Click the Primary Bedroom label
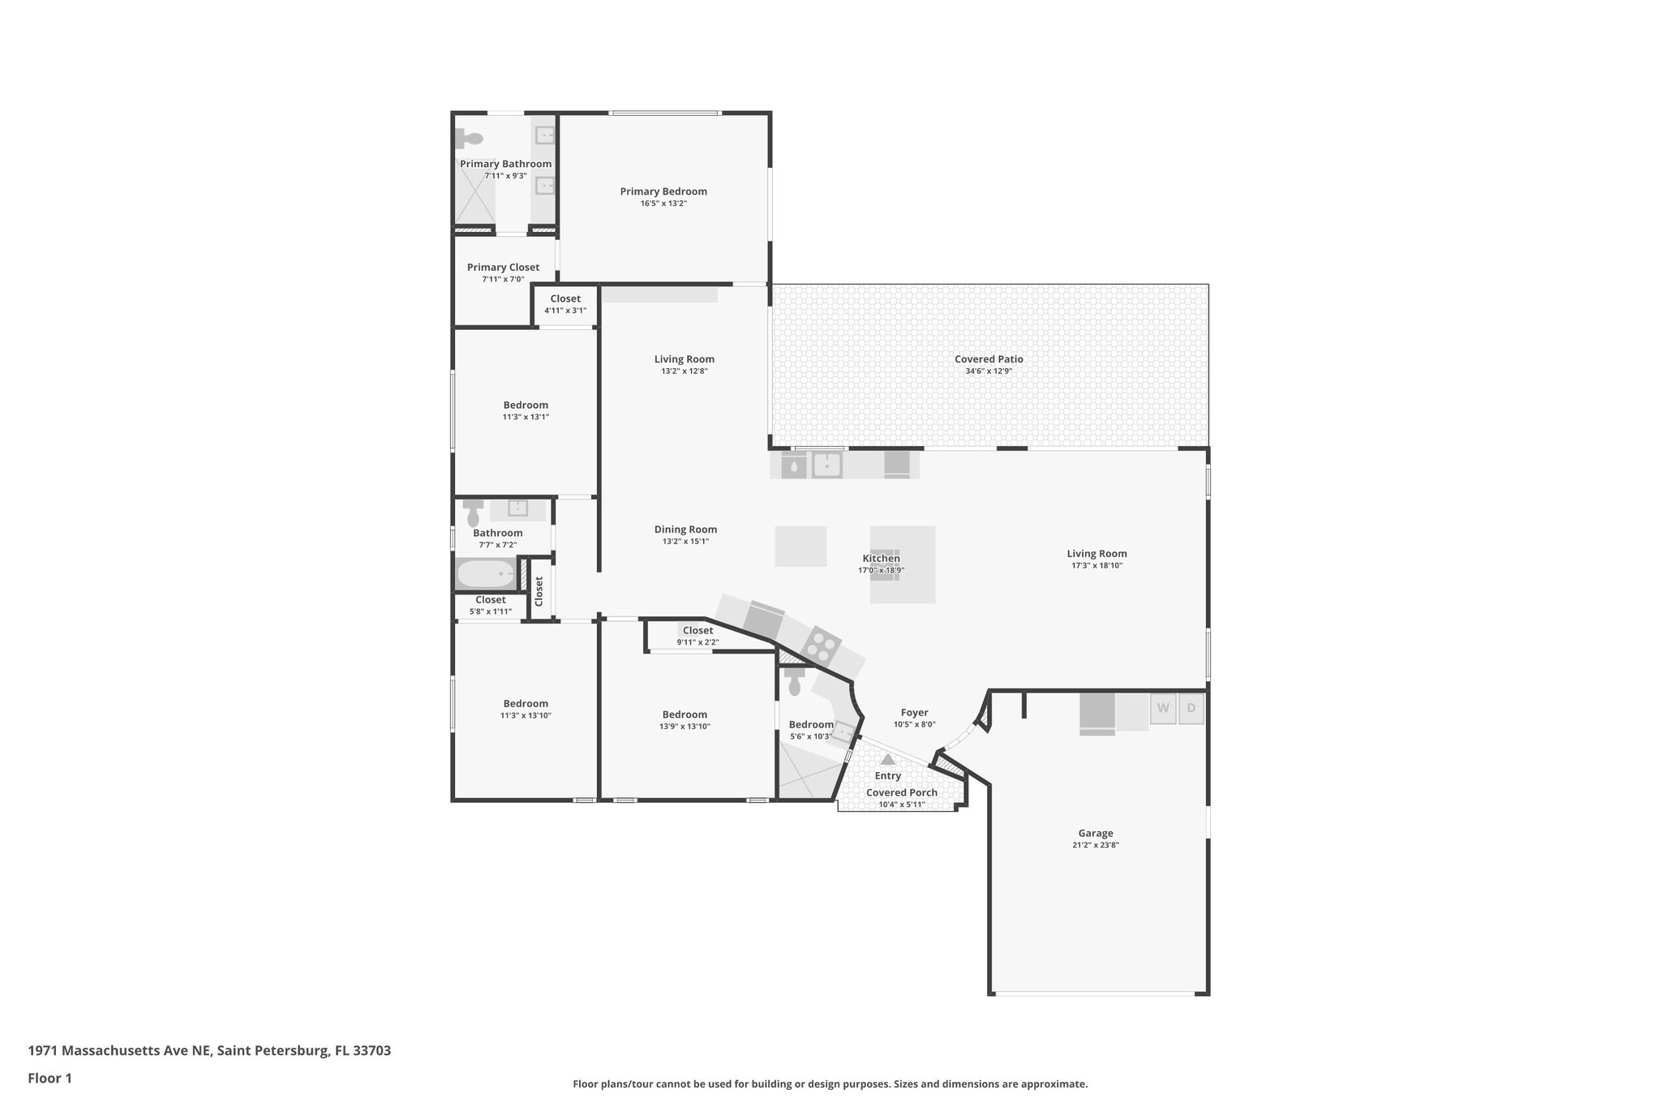(x=663, y=191)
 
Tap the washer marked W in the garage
(x=1162, y=708)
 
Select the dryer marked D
(x=1191, y=708)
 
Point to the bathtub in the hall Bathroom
(x=486, y=574)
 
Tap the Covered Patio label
(x=989, y=359)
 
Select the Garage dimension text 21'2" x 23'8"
(x=1095, y=845)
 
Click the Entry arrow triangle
(x=888, y=760)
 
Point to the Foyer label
(x=914, y=713)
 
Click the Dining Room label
(x=685, y=530)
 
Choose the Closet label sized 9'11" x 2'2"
(x=697, y=630)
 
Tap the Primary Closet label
(x=503, y=268)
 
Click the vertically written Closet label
(x=539, y=590)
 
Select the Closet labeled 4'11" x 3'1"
(x=565, y=299)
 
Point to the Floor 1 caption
(x=49, y=1079)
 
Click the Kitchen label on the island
(x=881, y=558)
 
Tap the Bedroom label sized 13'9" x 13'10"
(x=685, y=714)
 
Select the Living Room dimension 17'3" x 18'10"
(x=1097, y=566)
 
